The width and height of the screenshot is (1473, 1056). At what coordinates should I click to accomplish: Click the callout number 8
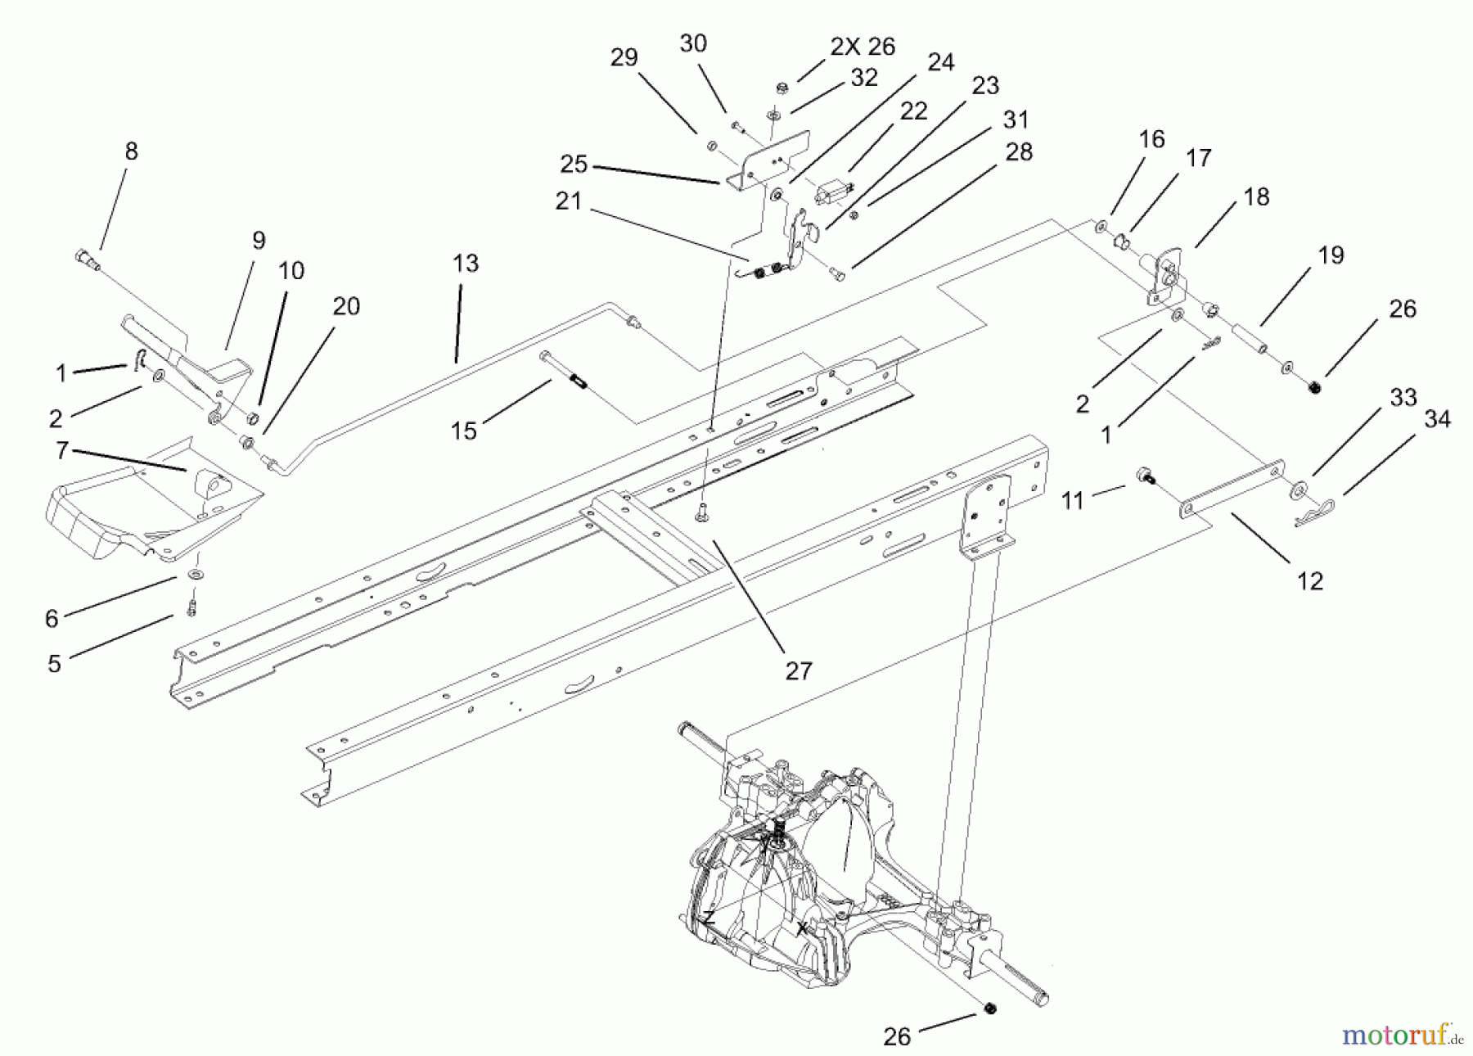pos(131,151)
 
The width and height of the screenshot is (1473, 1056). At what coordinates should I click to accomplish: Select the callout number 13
pos(465,264)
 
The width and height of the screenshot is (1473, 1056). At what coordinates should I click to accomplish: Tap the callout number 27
pos(798,671)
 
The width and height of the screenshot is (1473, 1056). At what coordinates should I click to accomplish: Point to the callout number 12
pos(1310,581)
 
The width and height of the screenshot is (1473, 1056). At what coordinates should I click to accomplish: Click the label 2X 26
pos(863,47)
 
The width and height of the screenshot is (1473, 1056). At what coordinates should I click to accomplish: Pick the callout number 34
pos(1437,419)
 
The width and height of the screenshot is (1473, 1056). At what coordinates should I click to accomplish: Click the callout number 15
pos(463,431)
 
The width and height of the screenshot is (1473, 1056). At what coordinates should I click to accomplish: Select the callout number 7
pos(61,449)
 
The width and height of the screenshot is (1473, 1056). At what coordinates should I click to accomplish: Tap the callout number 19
pos(1331,255)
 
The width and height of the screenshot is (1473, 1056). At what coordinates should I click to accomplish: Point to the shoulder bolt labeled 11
pos(1146,476)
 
